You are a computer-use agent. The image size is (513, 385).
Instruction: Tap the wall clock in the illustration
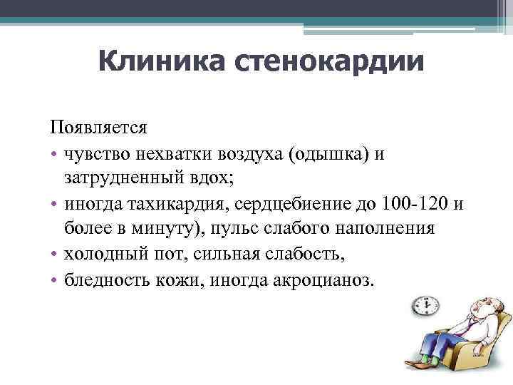(426, 307)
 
